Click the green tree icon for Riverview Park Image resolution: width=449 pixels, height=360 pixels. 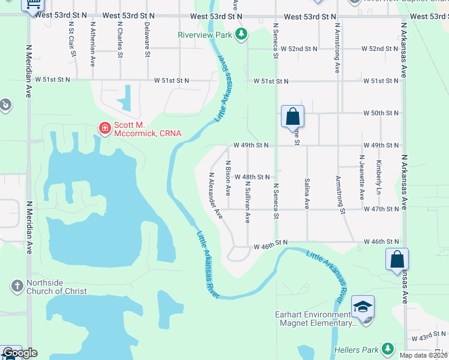click(241, 35)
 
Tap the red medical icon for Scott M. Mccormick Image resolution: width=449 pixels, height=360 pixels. click(104, 128)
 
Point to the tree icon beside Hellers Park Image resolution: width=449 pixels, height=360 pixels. click(388, 349)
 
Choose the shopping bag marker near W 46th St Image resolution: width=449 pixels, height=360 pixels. click(397, 260)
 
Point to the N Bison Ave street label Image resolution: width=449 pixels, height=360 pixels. click(228, 178)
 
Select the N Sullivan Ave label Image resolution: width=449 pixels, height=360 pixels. click(247, 204)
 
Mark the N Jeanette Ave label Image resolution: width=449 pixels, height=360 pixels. click(362, 178)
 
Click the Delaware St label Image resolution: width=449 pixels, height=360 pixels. click(147, 40)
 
